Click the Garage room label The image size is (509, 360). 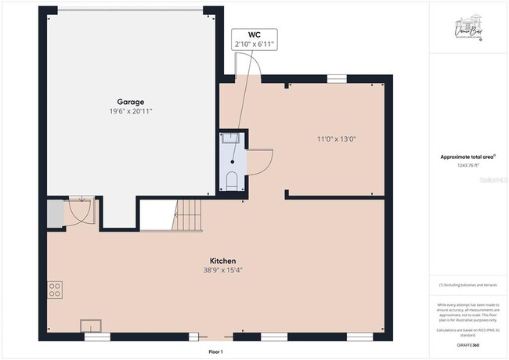click(130, 102)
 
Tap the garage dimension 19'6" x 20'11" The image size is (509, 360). click(130, 112)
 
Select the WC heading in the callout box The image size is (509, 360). click(254, 35)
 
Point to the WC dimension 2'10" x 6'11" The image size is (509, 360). click(254, 45)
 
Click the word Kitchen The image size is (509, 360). click(222, 261)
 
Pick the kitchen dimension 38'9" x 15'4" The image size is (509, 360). click(222, 271)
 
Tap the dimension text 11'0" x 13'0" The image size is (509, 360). click(336, 139)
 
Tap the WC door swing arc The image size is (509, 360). click(261, 162)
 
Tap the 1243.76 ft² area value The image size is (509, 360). click(467, 165)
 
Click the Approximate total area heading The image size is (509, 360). click(467, 157)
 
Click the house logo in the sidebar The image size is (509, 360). click(467, 31)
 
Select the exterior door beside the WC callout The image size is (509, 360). click(250, 70)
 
